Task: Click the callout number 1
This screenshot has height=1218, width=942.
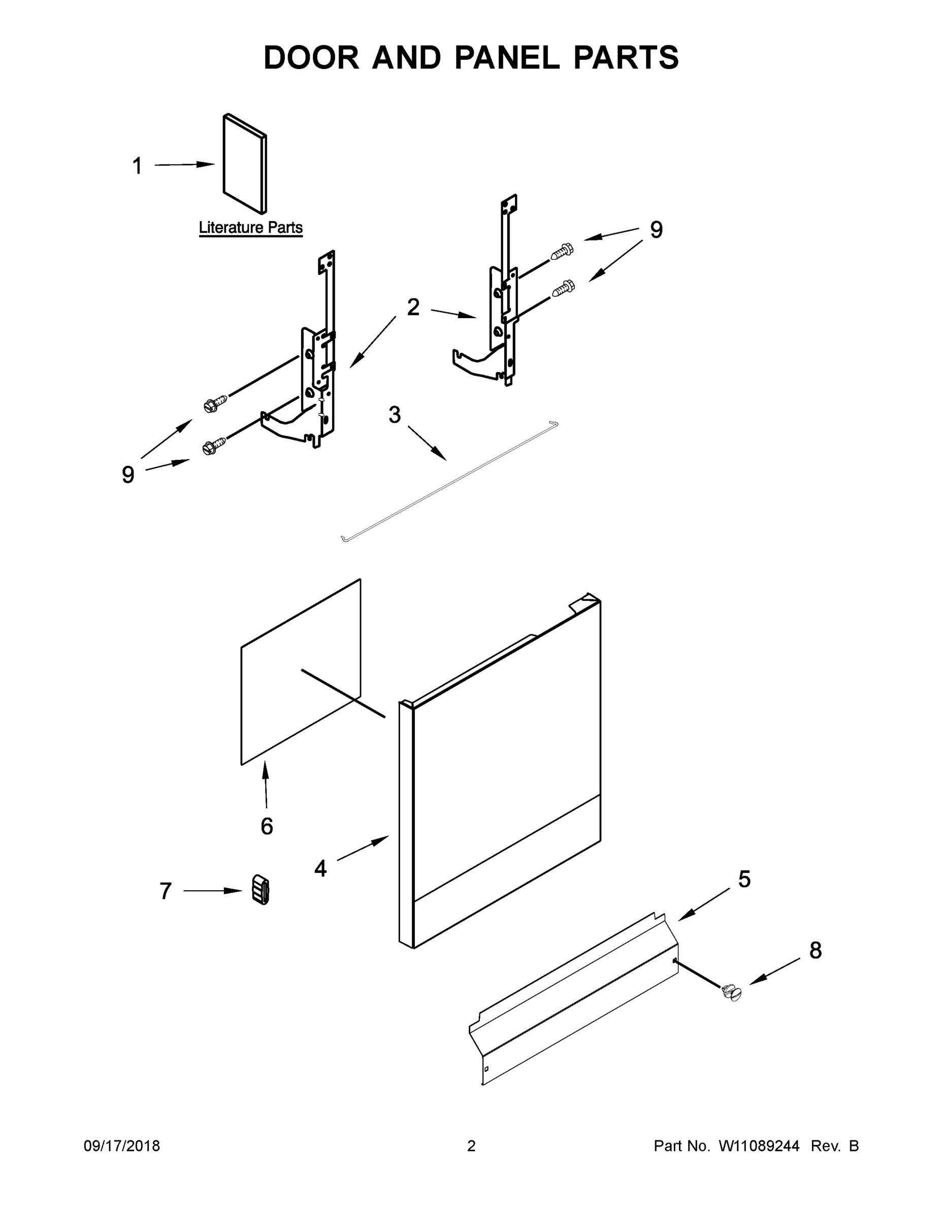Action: tap(137, 166)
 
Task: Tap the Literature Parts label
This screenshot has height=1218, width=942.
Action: tap(250, 227)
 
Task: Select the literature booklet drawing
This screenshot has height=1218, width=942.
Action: tap(245, 164)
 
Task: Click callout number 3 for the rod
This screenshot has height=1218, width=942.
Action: tap(395, 415)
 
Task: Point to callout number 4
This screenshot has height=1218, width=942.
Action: tap(320, 868)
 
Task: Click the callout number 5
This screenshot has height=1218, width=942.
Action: tap(744, 879)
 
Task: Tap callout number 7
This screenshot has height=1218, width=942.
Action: tap(165, 891)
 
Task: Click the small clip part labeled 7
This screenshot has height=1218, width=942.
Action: tap(261, 889)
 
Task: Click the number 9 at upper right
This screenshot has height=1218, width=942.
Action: tap(656, 230)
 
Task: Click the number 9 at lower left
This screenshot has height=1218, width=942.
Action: tap(128, 475)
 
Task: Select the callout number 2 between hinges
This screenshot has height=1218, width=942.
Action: tap(413, 307)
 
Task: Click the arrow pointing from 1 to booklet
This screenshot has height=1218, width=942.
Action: tap(184, 164)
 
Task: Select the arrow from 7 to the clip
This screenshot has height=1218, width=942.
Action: tap(213, 891)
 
